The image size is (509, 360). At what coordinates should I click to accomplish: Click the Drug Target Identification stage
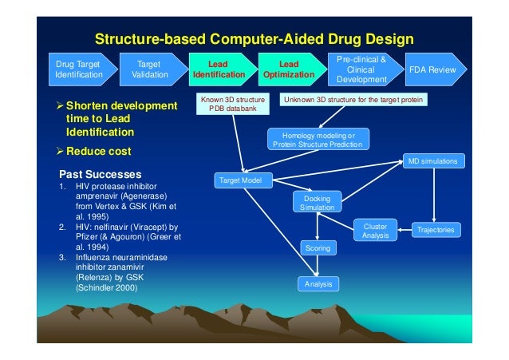[x=78, y=69]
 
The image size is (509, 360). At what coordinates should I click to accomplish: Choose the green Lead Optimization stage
[x=288, y=69]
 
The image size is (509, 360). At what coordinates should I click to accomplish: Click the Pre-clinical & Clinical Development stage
[x=361, y=69]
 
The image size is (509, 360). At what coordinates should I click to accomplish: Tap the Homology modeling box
[x=317, y=140]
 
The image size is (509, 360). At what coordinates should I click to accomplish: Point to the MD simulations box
[x=432, y=161]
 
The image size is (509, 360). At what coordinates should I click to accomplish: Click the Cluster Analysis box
[x=375, y=231]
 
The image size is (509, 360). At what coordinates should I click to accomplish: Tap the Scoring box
[x=318, y=249]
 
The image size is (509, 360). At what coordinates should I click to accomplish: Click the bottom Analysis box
[x=318, y=283]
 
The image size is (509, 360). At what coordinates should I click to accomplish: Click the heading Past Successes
[x=101, y=174]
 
